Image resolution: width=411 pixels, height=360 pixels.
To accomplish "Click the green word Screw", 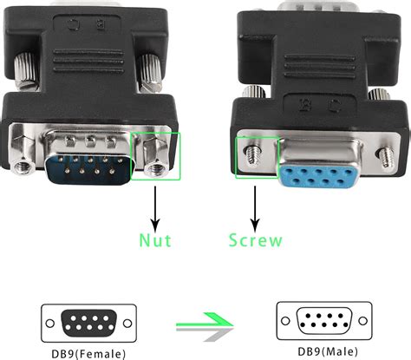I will click(254, 238).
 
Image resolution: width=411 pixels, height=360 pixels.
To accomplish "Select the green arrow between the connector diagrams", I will click(206, 324).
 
